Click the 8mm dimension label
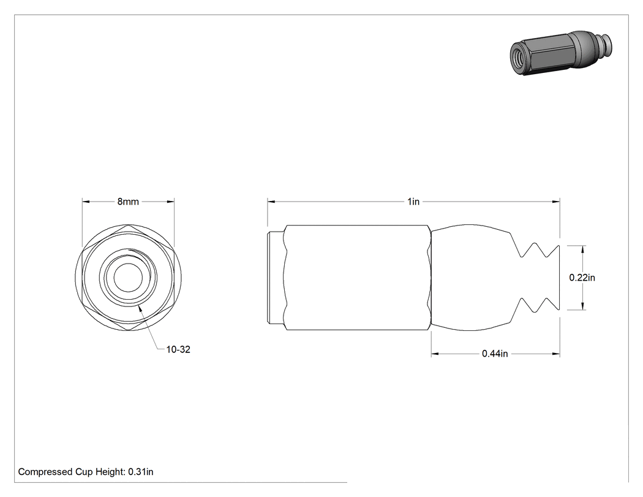(x=128, y=202)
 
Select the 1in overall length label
(x=413, y=202)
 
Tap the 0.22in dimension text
(x=582, y=278)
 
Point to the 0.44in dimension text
(x=495, y=354)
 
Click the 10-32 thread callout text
(x=178, y=349)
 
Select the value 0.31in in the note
(x=141, y=472)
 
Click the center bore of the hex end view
(x=128, y=278)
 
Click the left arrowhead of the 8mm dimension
(x=86, y=202)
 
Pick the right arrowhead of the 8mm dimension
(x=171, y=202)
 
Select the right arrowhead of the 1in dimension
(x=556, y=202)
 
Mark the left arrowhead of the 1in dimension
(x=271, y=202)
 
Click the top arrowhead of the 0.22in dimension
(x=583, y=249)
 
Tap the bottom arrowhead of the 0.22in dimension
(x=583, y=306)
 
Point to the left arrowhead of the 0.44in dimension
(x=435, y=354)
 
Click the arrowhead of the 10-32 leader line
(x=141, y=308)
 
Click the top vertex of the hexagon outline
(x=129, y=225)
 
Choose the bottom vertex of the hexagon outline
(x=129, y=330)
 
